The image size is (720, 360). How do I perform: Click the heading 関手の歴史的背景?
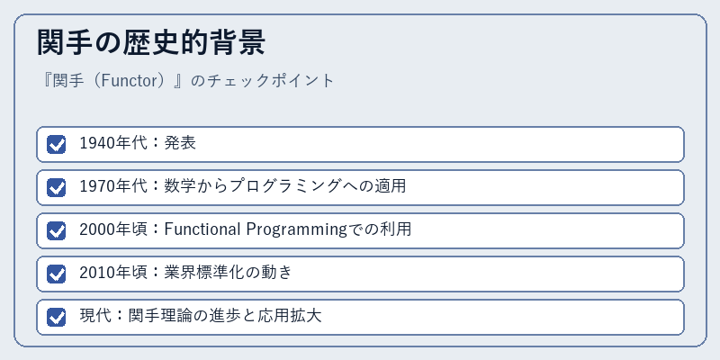(151, 42)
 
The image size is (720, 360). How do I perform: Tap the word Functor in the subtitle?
(123, 81)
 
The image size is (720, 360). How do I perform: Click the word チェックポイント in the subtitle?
(270, 81)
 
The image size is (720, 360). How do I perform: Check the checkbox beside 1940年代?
(57, 144)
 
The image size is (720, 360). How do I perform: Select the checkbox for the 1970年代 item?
(57, 187)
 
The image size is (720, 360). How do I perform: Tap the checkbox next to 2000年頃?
(57, 230)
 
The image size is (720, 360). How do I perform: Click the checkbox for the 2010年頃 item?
(57, 274)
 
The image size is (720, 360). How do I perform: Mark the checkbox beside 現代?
(57, 317)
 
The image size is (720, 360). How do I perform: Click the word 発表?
(180, 143)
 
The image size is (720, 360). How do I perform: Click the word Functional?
(202, 229)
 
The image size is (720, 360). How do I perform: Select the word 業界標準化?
(204, 273)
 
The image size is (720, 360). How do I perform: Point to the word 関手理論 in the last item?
(161, 316)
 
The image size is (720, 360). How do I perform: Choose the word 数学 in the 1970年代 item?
(180, 186)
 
